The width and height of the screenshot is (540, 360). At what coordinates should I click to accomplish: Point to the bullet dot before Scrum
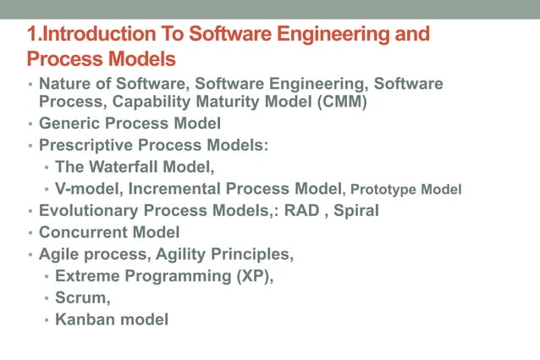click(x=47, y=298)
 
